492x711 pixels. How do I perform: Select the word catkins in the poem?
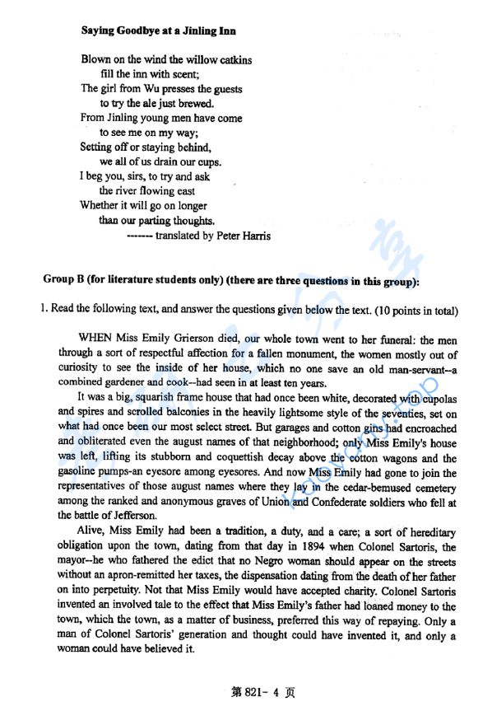click(x=232, y=60)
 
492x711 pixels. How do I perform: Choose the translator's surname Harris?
click(x=253, y=236)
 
